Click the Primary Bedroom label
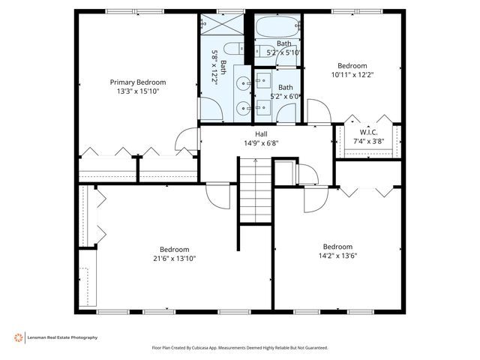coord(138,82)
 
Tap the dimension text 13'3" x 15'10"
coord(138,91)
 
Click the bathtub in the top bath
coord(277,28)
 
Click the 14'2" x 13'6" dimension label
coord(337,256)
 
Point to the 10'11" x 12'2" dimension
coord(352,74)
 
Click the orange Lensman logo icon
coord(18,337)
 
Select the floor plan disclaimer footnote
coord(240,348)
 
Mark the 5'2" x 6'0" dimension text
coord(284,96)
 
